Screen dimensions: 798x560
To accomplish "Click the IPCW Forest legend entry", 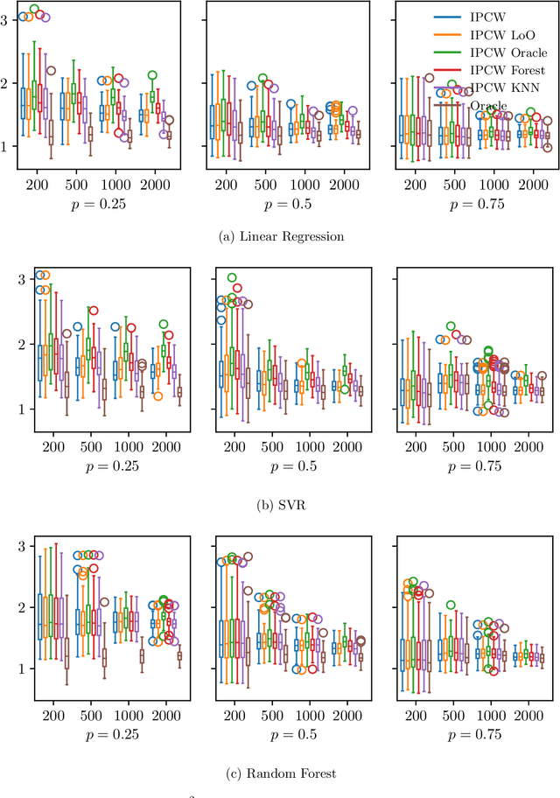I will [x=507, y=70].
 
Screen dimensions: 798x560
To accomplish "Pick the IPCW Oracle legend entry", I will [x=507, y=52].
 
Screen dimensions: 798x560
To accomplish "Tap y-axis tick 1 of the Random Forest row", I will [x=20, y=668].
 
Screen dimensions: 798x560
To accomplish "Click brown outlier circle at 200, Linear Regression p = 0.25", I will [x=51, y=71].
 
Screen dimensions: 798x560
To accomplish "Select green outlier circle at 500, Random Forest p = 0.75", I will [x=451, y=605].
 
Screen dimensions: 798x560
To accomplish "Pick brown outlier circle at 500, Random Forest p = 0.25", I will [x=105, y=602].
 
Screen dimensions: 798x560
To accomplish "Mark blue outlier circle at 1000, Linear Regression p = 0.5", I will [x=291, y=104].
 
